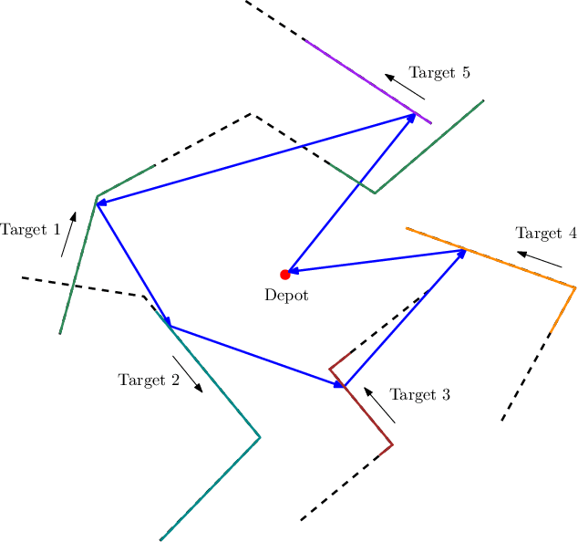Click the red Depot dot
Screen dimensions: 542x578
pos(284,274)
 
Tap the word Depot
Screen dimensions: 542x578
pos(286,295)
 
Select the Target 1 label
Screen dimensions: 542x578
pos(30,230)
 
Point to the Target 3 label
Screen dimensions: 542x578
pos(419,394)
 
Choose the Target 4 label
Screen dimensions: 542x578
pos(545,233)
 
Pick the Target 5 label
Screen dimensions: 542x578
pos(439,73)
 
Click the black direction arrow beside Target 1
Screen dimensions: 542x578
pos(68,235)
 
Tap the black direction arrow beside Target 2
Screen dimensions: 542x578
pos(187,374)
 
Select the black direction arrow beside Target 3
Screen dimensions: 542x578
pos(379,404)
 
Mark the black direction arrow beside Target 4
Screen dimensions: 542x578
pos(539,259)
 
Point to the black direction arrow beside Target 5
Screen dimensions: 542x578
pos(405,87)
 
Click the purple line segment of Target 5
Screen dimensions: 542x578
pos(365,80)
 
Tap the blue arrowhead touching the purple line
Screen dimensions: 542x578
pos(411,118)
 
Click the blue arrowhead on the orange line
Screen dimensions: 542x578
pos(461,254)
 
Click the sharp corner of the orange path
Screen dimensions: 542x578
pos(575,288)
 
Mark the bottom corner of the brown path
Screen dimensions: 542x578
pos(392,445)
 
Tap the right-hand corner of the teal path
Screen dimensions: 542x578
pos(260,437)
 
